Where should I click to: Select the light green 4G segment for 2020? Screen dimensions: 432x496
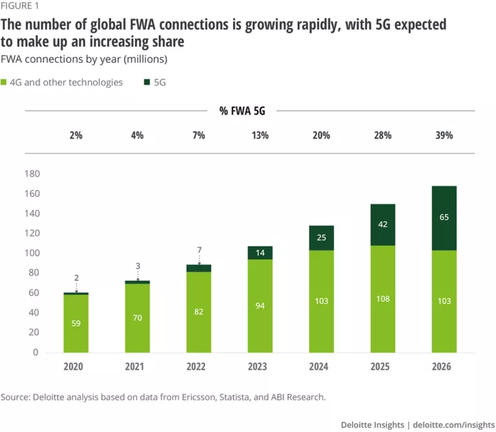(x=76, y=323)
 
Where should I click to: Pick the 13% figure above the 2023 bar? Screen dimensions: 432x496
(x=260, y=136)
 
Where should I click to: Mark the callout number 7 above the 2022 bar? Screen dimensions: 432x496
(x=200, y=250)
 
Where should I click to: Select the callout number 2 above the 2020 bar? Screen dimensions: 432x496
(x=76, y=278)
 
